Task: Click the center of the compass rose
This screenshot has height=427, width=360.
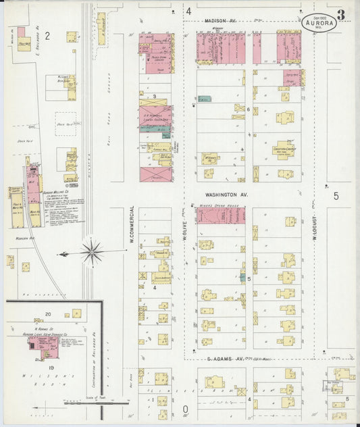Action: (92, 253)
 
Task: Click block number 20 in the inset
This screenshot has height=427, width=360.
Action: (48, 314)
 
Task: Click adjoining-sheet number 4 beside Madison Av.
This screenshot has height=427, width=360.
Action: (189, 11)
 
